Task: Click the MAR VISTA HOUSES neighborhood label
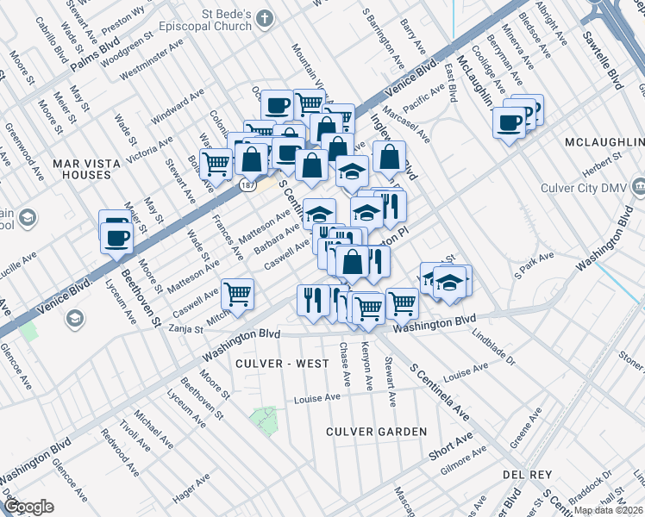tap(81, 168)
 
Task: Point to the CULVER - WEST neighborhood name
tap(282, 364)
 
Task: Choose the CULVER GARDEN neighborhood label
tap(376, 431)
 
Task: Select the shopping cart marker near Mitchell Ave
tap(237, 295)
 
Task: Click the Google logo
tap(28, 507)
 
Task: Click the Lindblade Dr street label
tap(493, 348)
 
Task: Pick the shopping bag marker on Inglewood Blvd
tap(389, 159)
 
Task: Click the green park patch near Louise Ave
tap(264, 420)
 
